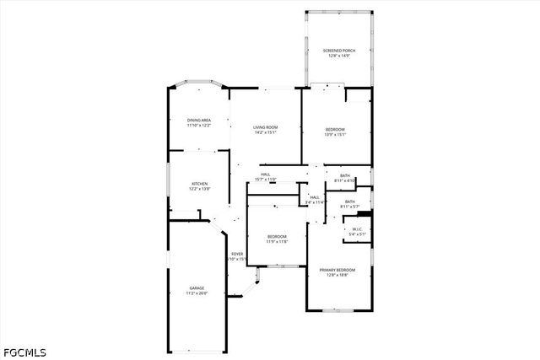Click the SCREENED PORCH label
point(339,51)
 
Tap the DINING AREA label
point(199,121)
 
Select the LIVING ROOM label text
point(266,127)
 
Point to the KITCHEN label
point(199,184)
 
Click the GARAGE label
point(197,288)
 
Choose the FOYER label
point(238,254)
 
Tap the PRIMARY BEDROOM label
point(337,270)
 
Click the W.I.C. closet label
point(357,230)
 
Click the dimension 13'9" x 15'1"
point(336,134)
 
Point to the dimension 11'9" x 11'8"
point(278,242)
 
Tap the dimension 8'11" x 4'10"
point(345,180)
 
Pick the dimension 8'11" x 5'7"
point(349,207)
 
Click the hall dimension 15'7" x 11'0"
point(266,180)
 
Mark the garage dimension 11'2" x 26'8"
point(197,293)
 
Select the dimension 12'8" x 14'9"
point(339,56)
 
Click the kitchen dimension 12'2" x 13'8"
point(199,189)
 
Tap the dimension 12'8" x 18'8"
point(337,275)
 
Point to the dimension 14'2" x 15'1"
point(266,132)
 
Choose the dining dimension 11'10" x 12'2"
point(199,126)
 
